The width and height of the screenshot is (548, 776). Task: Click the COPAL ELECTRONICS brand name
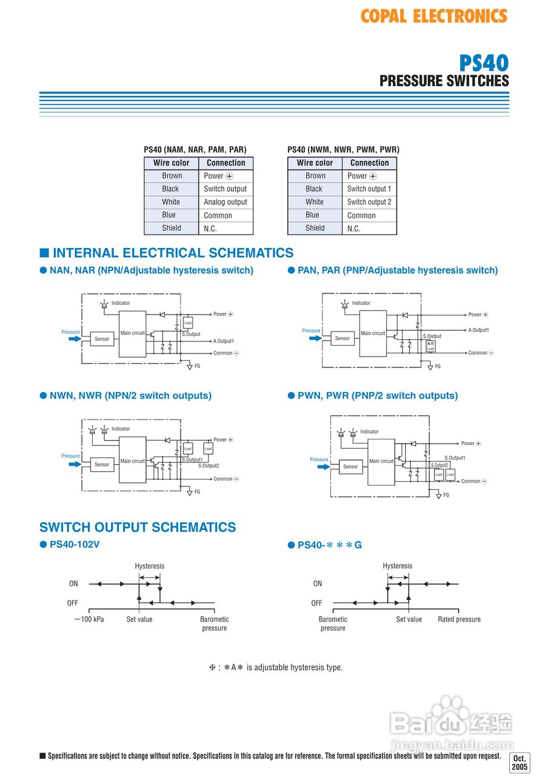click(433, 16)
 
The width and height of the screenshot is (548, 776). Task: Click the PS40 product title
click(483, 62)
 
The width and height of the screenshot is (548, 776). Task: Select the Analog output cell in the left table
click(226, 202)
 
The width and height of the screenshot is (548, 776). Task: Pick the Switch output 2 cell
click(369, 202)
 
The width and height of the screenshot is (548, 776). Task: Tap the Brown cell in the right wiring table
click(315, 176)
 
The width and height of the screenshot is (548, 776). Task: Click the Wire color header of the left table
click(171, 163)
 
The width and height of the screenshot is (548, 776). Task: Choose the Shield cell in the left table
click(171, 229)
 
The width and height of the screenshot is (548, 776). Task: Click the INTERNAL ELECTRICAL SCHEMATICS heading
click(173, 253)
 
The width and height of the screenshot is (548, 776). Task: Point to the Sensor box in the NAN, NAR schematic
click(102, 339)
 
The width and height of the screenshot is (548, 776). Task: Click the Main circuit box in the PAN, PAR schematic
click(373, 333)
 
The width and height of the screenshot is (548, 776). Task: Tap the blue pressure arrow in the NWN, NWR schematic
click(74, 464)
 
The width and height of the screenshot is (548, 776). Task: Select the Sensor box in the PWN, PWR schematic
click(350, 467)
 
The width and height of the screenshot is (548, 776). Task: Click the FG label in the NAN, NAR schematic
click(197, 366)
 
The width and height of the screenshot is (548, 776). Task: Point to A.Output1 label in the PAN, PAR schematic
click(478, 330)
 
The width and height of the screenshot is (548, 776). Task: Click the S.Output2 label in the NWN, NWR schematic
click(209, 466)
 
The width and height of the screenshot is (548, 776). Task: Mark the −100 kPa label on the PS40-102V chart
click(89, 620)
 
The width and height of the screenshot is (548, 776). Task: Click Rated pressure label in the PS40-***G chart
click(459, 620)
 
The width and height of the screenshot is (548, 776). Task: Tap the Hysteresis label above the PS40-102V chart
click(149, 566)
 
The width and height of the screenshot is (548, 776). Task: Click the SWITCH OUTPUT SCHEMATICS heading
click(138, 527)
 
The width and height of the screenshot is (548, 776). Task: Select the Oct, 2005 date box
click(520, 763)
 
